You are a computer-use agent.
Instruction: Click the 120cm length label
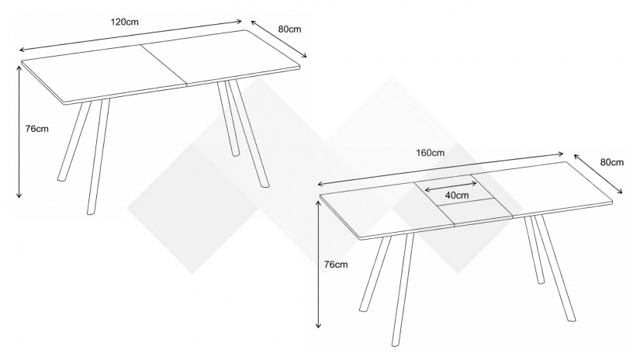point(124,22)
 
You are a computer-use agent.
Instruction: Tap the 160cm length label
point(431,153)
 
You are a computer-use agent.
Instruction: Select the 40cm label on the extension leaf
point(457,195)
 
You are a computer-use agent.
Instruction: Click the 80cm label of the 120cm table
point(289,29)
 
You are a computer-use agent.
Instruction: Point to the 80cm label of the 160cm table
point(612,162)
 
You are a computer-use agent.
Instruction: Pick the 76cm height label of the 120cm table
point(36,129)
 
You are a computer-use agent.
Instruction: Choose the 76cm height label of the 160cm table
point(336,265)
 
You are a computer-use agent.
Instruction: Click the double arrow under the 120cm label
point(131,36)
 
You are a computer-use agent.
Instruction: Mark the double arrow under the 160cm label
point(441,169)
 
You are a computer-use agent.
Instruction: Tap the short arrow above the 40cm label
point(451,185)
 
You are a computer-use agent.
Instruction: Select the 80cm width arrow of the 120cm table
point(278,40)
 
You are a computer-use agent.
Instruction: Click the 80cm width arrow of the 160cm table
point(598,174)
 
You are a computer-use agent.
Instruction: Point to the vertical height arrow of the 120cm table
point(19,131)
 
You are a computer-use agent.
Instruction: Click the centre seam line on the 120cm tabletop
point(164,65)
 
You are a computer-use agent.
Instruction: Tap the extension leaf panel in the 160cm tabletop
point(464,199)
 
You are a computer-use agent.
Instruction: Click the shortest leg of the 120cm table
point(228,119)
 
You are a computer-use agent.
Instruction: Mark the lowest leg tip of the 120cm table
point(91,213)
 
